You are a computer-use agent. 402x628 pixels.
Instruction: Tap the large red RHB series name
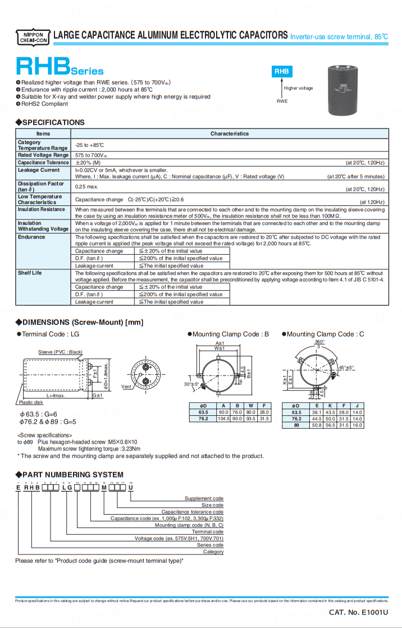[x=43, y=67]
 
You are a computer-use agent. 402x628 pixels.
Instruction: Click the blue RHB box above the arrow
[x=281, y=72]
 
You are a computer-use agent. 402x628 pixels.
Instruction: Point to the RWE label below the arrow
[x=281, y=101]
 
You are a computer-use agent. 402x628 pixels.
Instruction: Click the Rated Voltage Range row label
[x=43, y=155]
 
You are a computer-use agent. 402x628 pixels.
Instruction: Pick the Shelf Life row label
[x=30, y=273]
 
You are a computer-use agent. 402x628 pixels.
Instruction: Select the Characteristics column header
[x=230, y=134]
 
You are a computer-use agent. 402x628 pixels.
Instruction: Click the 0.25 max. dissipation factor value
[x=86, y=186]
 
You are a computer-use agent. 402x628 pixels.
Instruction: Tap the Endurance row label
[x=31, y=237]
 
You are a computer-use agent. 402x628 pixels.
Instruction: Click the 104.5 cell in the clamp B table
[x=223, y=419]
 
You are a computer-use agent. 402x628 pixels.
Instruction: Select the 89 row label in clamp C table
[x=296, y=425]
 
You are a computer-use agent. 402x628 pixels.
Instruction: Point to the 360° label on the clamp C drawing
[x=319, y=342]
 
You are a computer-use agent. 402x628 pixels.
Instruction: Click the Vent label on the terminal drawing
[x=126, y=387]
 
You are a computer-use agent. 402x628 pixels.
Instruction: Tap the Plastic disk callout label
[x=31, y=402]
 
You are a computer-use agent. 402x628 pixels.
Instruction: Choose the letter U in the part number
[x=131, y=488]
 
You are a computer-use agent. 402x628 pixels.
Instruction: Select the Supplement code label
[x=204, y=498]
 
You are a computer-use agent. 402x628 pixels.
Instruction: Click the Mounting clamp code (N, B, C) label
[x=189, y=525]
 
